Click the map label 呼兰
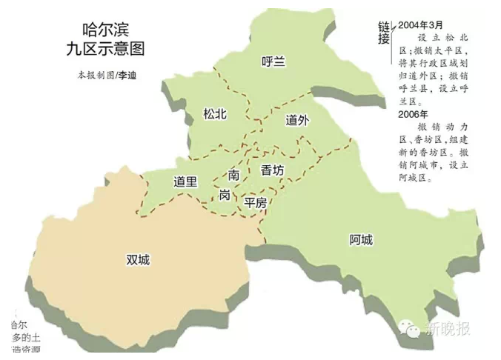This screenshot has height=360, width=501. [273, 61]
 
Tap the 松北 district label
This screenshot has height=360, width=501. [215, 114]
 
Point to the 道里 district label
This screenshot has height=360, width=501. [186, 181]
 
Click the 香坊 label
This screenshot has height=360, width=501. [272, 170]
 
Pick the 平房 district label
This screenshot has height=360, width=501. [256, 202]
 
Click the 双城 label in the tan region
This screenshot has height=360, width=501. [138, 260]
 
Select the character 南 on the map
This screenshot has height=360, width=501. [234, 175]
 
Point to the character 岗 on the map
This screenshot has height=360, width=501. [225, 194]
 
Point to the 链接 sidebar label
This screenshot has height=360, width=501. [383, 33]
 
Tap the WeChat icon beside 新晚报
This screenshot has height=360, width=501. [408, 328]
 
